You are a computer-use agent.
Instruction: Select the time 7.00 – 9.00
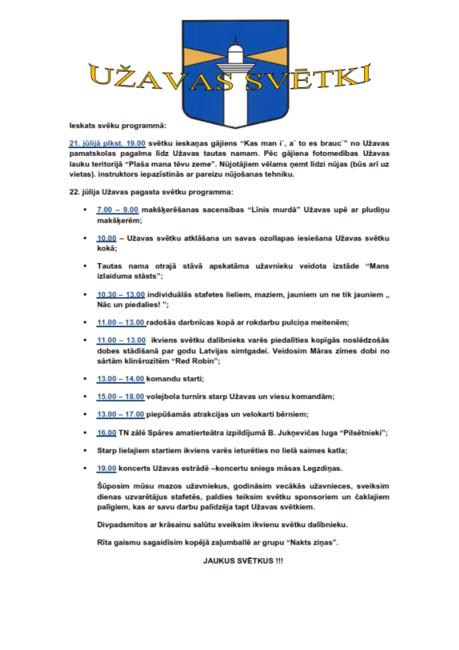point(118,210)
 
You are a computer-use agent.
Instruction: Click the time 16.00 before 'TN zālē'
point(107,431)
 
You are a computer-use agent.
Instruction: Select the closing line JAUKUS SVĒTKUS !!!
point(243,560)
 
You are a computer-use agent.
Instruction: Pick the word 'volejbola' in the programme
point(166,395)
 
